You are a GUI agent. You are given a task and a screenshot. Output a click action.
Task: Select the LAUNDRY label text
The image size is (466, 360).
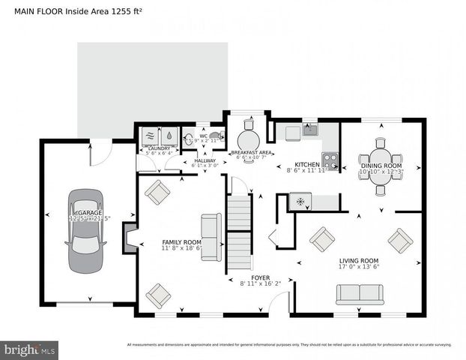[x=159, y=148]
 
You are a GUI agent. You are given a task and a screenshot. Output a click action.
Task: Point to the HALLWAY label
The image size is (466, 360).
[x=205, y=160]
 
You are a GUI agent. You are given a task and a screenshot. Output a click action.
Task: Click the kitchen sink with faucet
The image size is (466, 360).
[x=309, y=131]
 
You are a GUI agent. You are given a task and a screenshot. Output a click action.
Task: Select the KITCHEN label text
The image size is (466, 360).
[x=307, y=164]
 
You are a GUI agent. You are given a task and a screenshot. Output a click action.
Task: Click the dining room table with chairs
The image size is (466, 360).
[x=380, y=166]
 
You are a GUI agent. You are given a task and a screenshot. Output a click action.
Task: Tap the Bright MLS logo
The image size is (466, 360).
[x=30, y=349]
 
